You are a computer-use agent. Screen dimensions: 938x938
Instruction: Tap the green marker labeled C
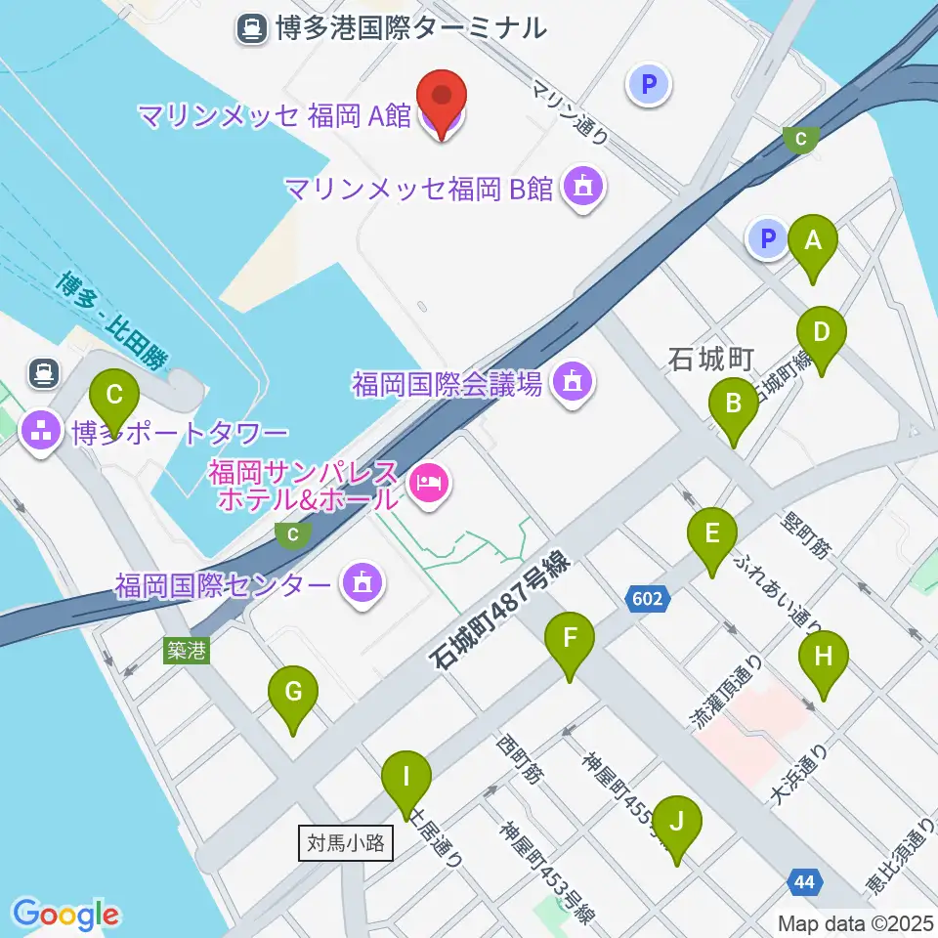114,397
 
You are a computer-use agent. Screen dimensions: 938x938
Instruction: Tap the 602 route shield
649,599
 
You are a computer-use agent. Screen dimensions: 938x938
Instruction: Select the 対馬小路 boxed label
345,841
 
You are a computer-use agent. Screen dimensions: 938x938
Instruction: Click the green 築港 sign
186,651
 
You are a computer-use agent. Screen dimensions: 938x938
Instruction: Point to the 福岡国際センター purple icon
361,585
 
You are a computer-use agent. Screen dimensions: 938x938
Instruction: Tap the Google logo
65,915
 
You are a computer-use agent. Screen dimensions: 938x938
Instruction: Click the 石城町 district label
708,360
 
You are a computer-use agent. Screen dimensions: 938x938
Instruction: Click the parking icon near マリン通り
649,84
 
